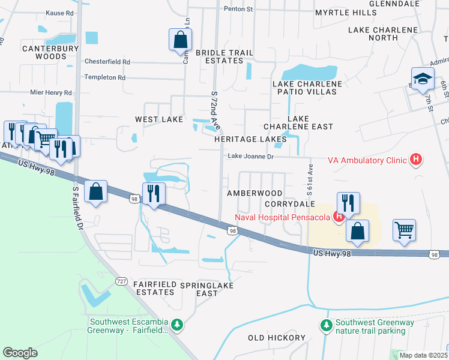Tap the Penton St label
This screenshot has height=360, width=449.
click(x=238, y=10)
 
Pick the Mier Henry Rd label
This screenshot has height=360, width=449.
click(x=51, y=93)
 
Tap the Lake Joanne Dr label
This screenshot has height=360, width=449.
click(x=250, y=157)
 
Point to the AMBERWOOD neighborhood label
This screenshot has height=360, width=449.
click(x=255, y=193)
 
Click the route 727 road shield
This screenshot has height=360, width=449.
click(x=122, y=281)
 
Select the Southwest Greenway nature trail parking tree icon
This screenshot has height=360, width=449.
click(x=326, y=326)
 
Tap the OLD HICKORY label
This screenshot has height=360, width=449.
click(x=277, y=338)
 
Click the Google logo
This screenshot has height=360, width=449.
click(x=20, y=353)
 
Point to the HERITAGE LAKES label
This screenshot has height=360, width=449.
click(x=250, y=139)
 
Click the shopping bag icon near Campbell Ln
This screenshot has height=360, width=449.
click(x=180, y=41)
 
